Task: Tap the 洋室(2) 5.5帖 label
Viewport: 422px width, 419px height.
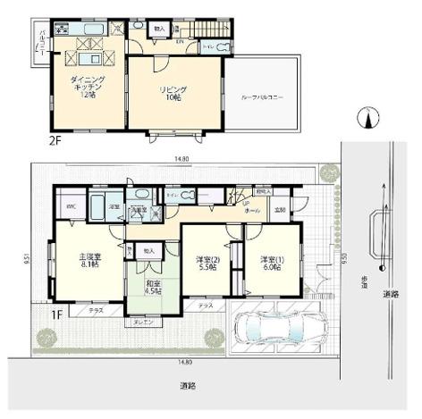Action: [206, 264]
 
